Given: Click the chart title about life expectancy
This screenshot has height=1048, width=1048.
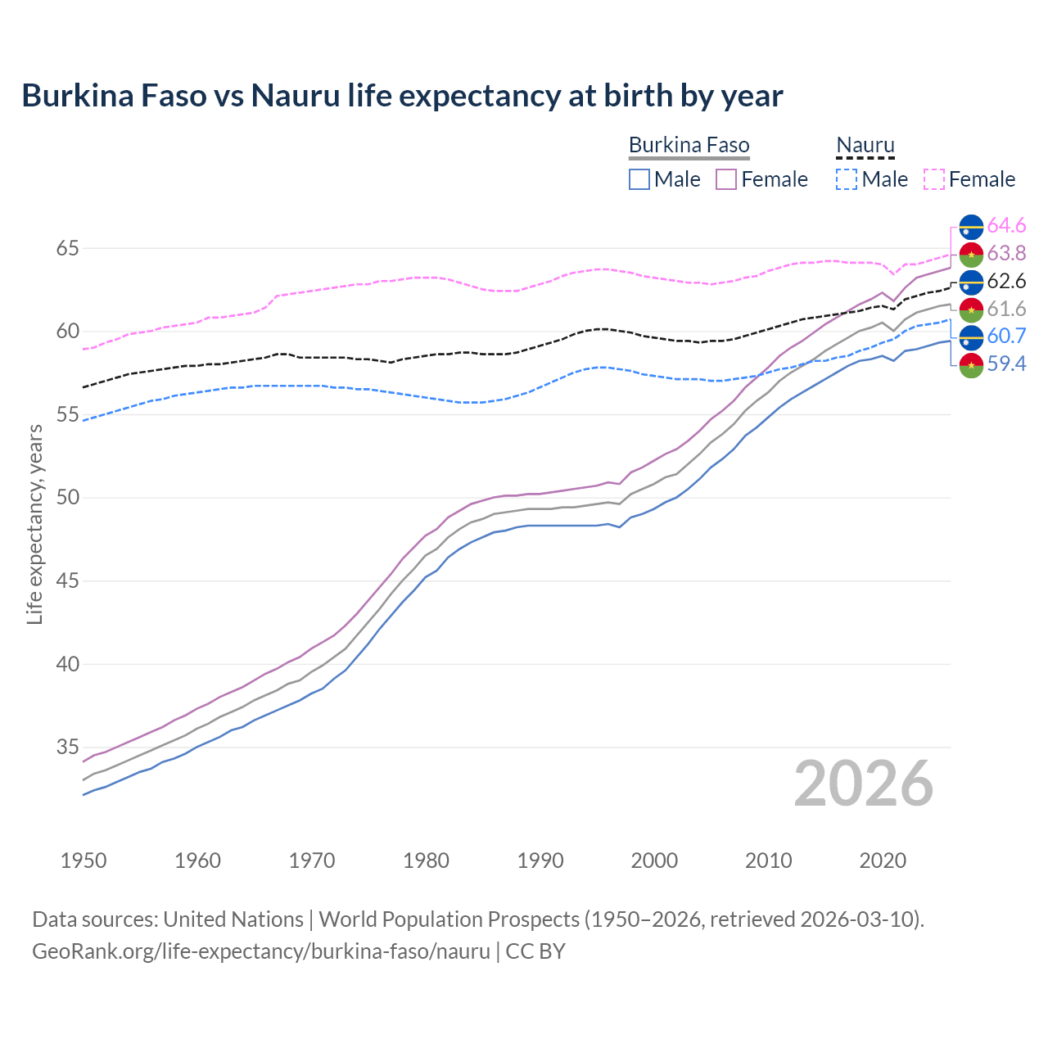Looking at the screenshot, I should [x=402, y=96].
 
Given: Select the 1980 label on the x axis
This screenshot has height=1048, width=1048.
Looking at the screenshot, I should [x=426, y=861].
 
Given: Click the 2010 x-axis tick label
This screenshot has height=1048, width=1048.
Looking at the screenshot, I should [x=768, y=861].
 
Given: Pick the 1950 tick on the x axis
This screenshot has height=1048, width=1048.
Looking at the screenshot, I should [x=84, y=861].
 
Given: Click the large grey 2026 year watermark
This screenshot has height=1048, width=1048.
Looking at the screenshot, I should [x=863, y=784].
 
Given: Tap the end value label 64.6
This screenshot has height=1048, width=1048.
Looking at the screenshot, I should [x=1006, y=225].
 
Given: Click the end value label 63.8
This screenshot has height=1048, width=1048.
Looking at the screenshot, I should [x=1006, y=253].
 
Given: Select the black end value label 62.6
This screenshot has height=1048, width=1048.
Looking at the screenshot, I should [x=1006, y=281].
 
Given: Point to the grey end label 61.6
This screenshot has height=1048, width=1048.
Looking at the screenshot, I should [x=1006, y=309].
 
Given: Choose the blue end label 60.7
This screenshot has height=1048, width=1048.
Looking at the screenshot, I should [x=1006, y=336].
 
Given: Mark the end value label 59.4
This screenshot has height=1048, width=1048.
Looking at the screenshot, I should [x=1006, y=364].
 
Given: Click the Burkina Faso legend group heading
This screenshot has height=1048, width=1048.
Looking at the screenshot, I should [x=689, y=146].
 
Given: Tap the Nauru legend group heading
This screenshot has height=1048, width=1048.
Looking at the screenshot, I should [x=865, y=146].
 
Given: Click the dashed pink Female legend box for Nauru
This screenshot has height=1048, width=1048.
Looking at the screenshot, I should [x=934, y=179].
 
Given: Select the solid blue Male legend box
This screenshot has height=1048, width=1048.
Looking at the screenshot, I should [x=639, y=179].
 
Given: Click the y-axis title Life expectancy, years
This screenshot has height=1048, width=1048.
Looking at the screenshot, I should [x=34, y=524].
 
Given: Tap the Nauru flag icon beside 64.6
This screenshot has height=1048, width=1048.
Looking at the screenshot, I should [x=971, y=226].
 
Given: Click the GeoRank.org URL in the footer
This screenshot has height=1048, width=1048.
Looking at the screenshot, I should [x=260, y=951].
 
